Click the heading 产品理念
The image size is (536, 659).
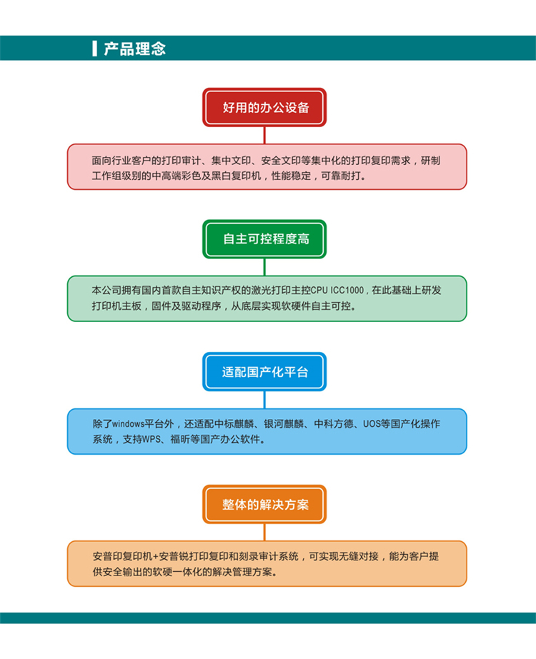tap(134, 49)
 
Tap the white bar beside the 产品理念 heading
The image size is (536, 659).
tap(94, 49)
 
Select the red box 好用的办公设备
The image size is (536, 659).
tap(264, 107)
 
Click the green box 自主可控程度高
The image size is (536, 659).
tap(264, 239)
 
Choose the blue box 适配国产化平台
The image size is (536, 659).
tap(264, 372)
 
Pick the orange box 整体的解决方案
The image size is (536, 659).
tap(264, 504)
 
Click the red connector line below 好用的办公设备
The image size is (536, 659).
tap(264, 136)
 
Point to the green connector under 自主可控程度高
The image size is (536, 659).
tap(264, 267)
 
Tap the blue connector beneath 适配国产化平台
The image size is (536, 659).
tap(264, 400)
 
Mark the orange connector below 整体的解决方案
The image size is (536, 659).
tap(264, 533)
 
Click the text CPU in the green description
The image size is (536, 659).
tap(319, 291)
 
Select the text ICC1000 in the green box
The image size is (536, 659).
tap(347, 291)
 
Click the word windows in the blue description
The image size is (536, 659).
tap(129, 423)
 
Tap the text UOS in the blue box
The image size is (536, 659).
tap(372, 423)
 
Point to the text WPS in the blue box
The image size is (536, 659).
tap(152, 439)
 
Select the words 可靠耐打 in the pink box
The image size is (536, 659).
tap(341, 176)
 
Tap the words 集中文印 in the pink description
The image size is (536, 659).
tap(231, 160)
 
